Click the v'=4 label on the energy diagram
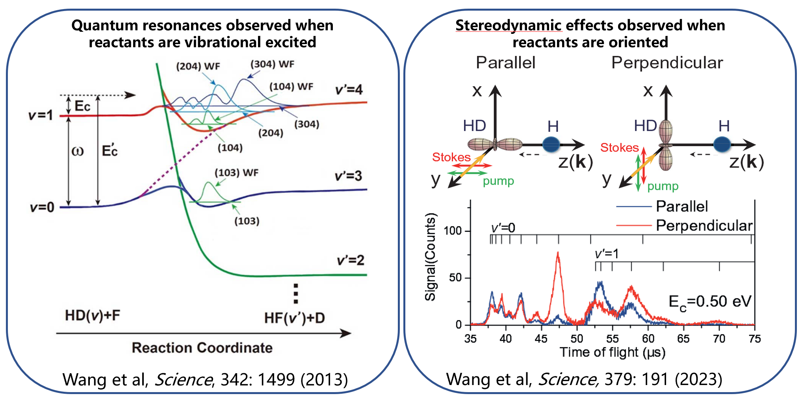point(349,90)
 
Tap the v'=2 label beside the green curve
point(350,260)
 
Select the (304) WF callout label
point(272,64)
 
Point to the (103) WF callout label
point(236,173)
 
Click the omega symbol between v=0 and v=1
point(78,151)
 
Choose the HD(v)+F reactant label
point(93,315)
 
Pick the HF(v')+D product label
point(294,318)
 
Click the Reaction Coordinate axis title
point(202,348)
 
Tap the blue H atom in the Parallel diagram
point(551,144)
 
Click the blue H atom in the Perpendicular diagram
point(722,144)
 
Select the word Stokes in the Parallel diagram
point(451,157)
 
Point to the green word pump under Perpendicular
point(663,186)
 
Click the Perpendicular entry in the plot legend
point(704,226)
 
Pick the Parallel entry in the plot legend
point(681,206)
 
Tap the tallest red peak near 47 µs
point(558,254)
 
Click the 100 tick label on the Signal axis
point(453,231)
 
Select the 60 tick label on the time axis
point(648,339)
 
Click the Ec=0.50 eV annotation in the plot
point(710,302)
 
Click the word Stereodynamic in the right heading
point(508,26)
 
